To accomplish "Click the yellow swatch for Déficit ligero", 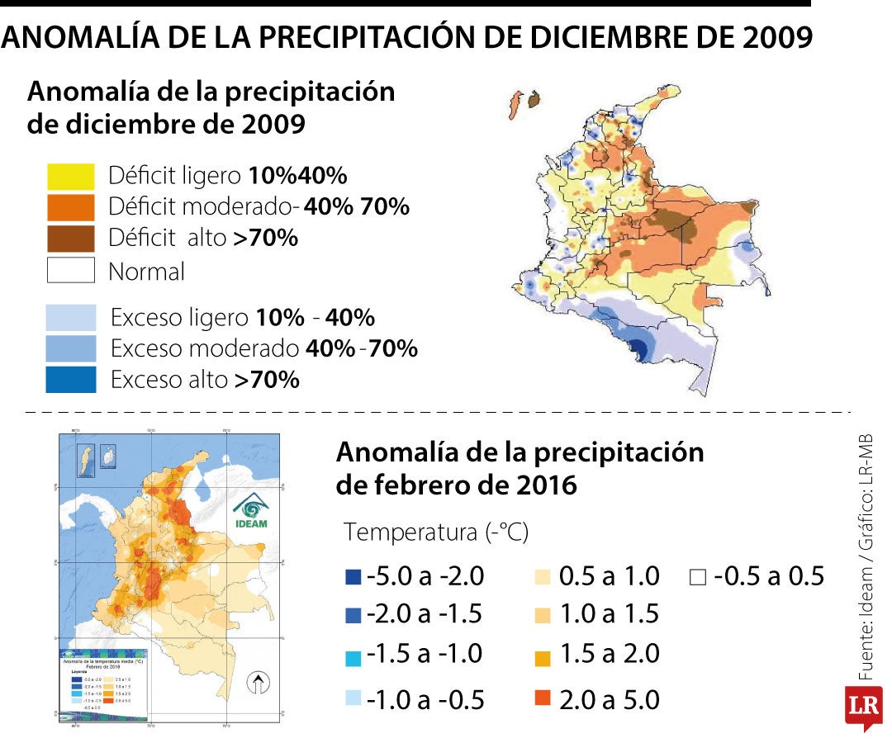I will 71,177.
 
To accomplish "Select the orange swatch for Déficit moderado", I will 71,206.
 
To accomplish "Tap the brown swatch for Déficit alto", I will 71,238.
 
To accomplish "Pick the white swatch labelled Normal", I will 71,271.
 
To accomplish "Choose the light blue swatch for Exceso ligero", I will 71,318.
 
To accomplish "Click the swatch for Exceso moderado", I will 71,348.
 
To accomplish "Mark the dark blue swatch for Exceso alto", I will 71,380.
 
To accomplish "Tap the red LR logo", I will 863,707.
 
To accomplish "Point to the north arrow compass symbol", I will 259,684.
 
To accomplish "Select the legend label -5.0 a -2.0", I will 425,576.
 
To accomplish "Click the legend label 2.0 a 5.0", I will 609,700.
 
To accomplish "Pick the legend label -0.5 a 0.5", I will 768,576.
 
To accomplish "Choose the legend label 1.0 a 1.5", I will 609,614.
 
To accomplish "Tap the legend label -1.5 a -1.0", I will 425,654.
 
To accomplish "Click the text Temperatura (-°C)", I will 435,532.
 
